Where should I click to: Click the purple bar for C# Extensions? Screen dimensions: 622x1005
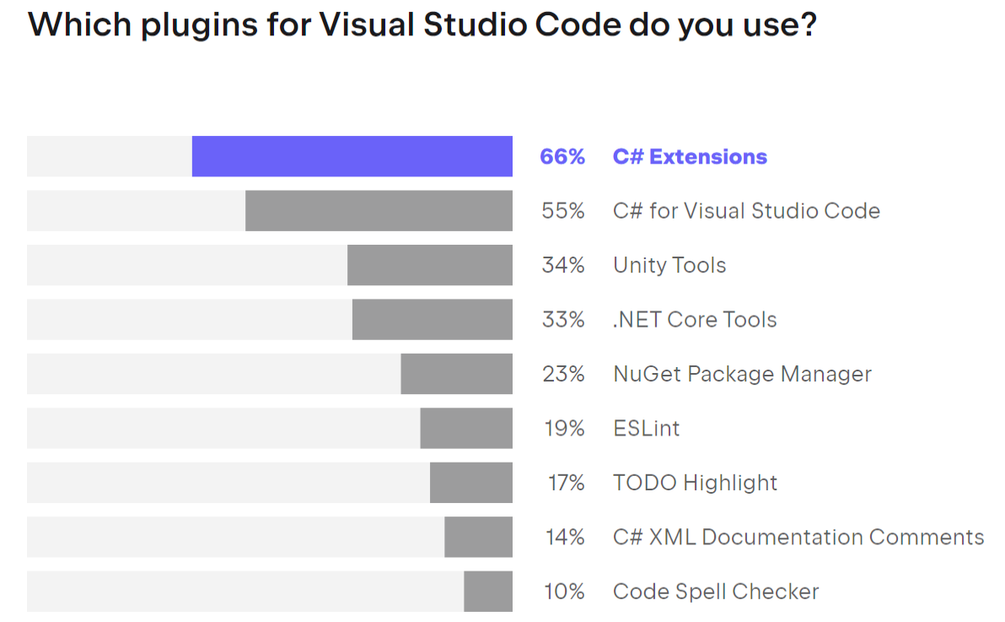tap(352, 156)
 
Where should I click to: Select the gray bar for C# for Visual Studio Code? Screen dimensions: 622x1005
tap(379, 210)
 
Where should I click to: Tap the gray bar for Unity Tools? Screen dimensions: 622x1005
tap(430, 265)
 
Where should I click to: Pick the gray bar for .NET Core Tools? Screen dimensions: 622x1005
tap(432, 319)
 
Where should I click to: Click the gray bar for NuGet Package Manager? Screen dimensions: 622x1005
tap(456, 373)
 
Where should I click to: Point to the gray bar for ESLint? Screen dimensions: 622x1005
tap(466, 428)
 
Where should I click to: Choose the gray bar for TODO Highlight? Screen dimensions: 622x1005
tap(471, 482)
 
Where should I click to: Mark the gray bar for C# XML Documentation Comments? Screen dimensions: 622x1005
tap(478, 537)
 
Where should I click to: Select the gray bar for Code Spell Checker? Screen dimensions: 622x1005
tap(488, 591)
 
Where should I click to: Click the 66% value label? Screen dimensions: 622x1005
tap(562, 157)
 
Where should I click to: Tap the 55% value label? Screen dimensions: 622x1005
tap(563, 211)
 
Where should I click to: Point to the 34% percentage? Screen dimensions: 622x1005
tap(563, 265)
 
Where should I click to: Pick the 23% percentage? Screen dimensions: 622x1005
tap(563, 374)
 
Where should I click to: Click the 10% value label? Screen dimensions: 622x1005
tap(564, 592)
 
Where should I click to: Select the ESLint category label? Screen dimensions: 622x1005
tap(646, 428)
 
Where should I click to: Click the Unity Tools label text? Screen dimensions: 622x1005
tap(669, 265)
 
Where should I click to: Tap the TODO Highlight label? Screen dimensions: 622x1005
tap(695, 483)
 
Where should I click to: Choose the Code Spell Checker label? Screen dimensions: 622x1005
tap(716, 592)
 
